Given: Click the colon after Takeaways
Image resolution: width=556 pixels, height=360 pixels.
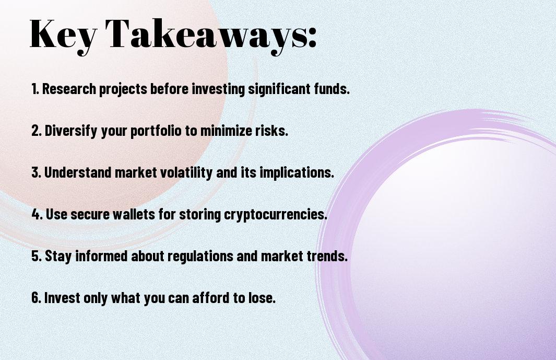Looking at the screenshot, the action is pos(312,37).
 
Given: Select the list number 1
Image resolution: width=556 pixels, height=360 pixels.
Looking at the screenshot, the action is pos(35,89).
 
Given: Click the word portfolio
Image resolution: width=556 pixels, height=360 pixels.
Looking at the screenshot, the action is pos(156,131).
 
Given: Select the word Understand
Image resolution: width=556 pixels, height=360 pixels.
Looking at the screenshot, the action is pos(78,172).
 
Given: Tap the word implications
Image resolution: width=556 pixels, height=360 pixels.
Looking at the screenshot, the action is pos(297,172).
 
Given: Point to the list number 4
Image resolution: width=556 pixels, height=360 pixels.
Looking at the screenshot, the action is pos(37,214).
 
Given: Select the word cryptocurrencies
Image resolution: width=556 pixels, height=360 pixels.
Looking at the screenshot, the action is pos(276,214).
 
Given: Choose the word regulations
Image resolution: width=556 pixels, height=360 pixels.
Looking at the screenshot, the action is pos(200,256).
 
